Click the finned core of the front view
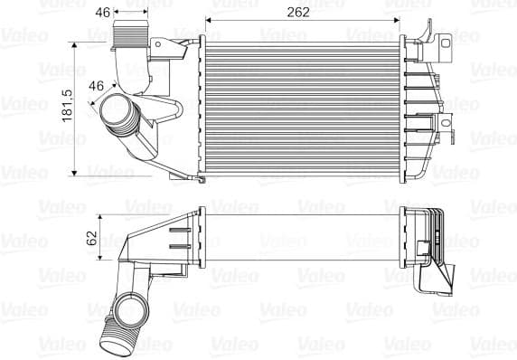pos(297,105)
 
